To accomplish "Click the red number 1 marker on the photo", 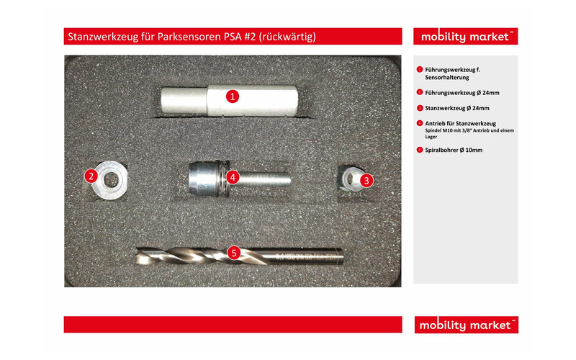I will pos(232,96).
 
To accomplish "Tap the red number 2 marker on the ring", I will pos(91,175).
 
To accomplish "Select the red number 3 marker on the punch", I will pos(366,181).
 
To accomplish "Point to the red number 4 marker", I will pos(232,176).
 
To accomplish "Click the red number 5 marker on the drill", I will pos(233,253).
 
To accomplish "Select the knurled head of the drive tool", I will pos(204,176).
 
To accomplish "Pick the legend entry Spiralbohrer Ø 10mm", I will pos(454,150).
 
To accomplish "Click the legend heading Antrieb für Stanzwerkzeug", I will pos(460,124).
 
